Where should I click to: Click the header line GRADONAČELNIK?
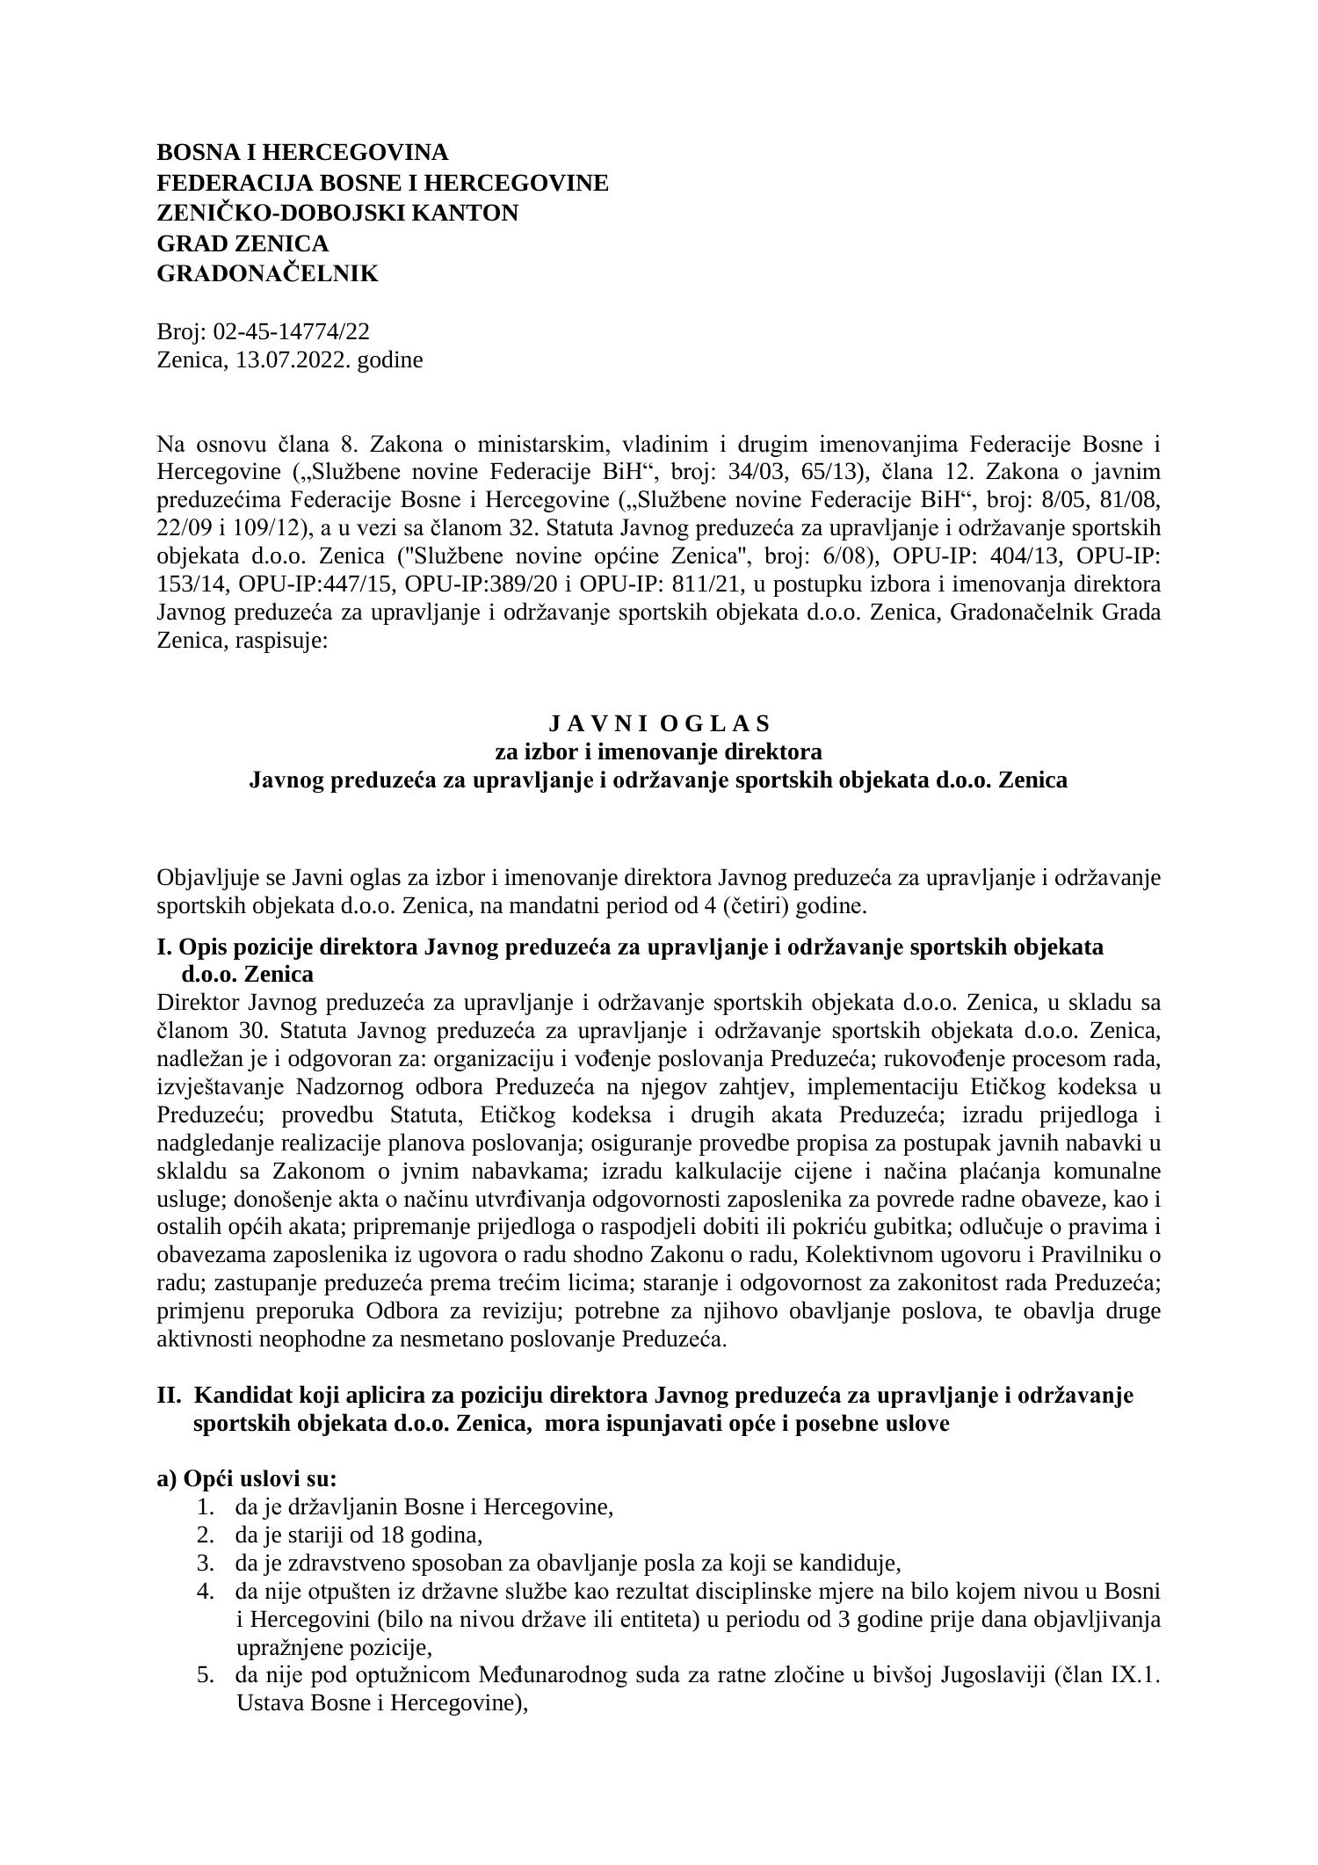point(267,273)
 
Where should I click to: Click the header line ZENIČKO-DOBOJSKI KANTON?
point(337,213)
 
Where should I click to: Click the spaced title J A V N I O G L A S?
point(659,723)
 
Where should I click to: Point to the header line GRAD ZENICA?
point(243,243)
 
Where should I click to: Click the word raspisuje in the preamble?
point(282,641)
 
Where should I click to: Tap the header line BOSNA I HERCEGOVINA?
point(302,152)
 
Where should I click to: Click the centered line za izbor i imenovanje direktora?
point(659,751)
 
